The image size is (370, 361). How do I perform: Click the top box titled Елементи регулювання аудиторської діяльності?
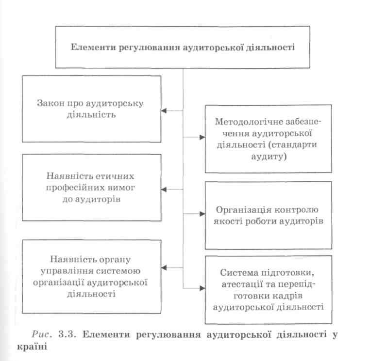(x=183, y=48)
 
